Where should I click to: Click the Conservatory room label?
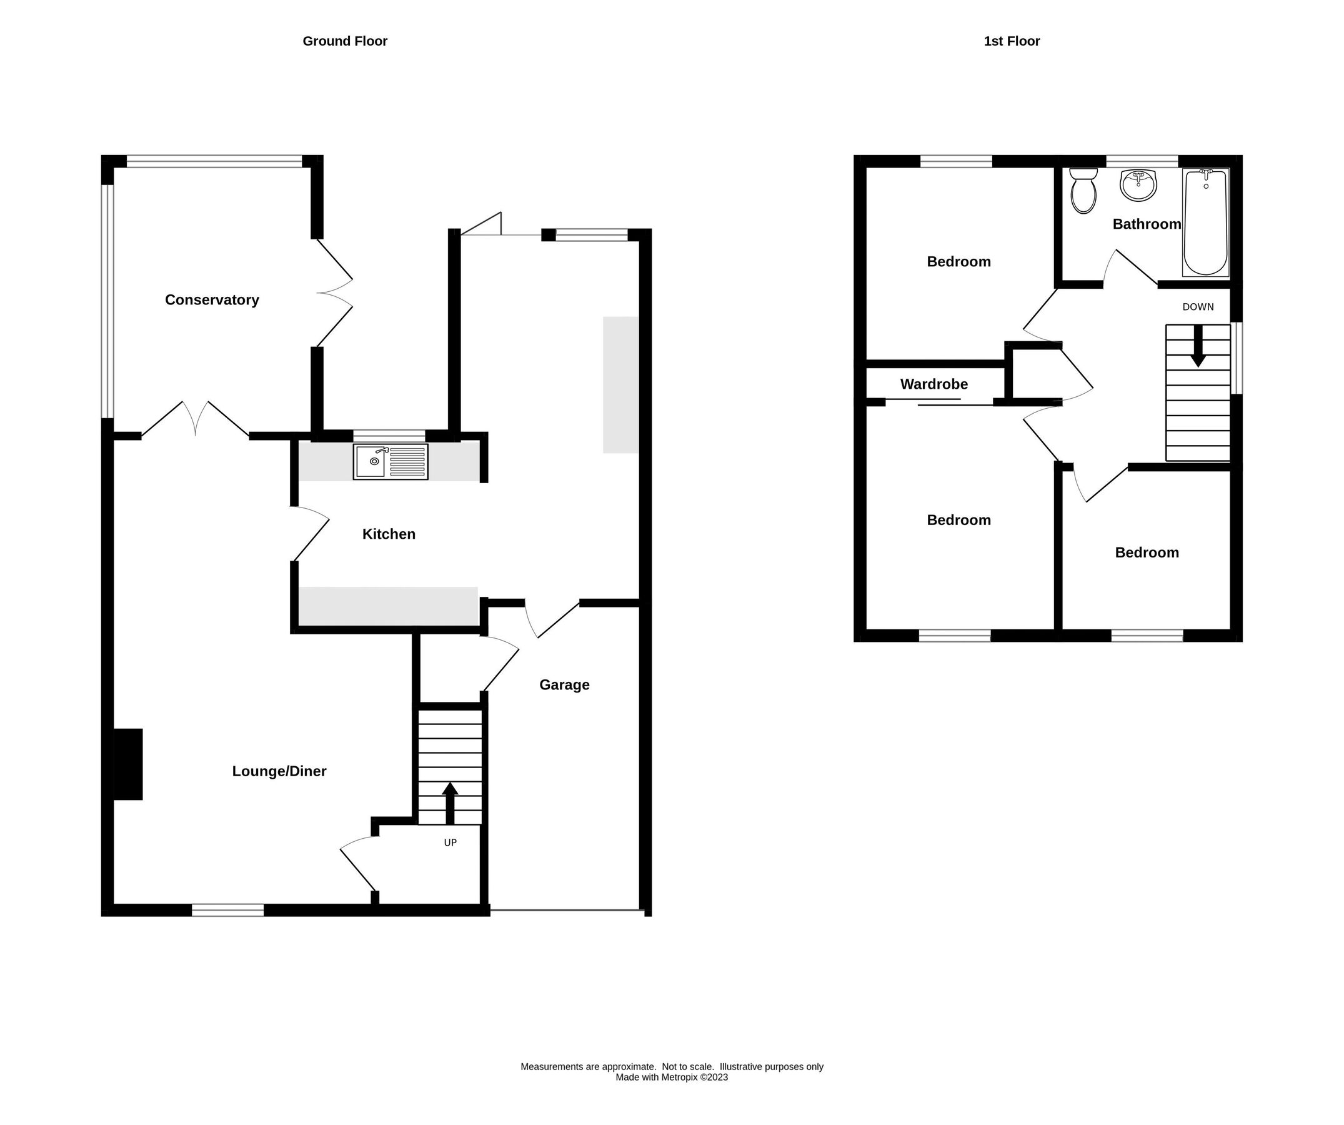(212, 299)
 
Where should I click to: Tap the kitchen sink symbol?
(391, 461)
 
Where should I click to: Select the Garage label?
(564, 684)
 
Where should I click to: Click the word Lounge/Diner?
(279, 771)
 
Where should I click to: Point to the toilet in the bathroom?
(1083, 191)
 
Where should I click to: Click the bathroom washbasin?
(1138, 185)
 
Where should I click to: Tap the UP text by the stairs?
(450, 842)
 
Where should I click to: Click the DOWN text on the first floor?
(1197, 307)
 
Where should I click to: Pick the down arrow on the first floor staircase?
(1197, 346)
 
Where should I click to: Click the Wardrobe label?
(933, 384)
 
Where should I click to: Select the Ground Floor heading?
(344, 41)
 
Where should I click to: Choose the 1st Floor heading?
(1011, 41)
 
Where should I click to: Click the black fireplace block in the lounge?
(128, 764)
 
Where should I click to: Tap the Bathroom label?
(1146, 224)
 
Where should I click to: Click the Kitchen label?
(389, 534)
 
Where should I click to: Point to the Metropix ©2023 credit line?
(671, 1077)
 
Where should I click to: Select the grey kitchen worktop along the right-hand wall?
(620, 385)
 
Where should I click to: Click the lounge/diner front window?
(228, 910)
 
